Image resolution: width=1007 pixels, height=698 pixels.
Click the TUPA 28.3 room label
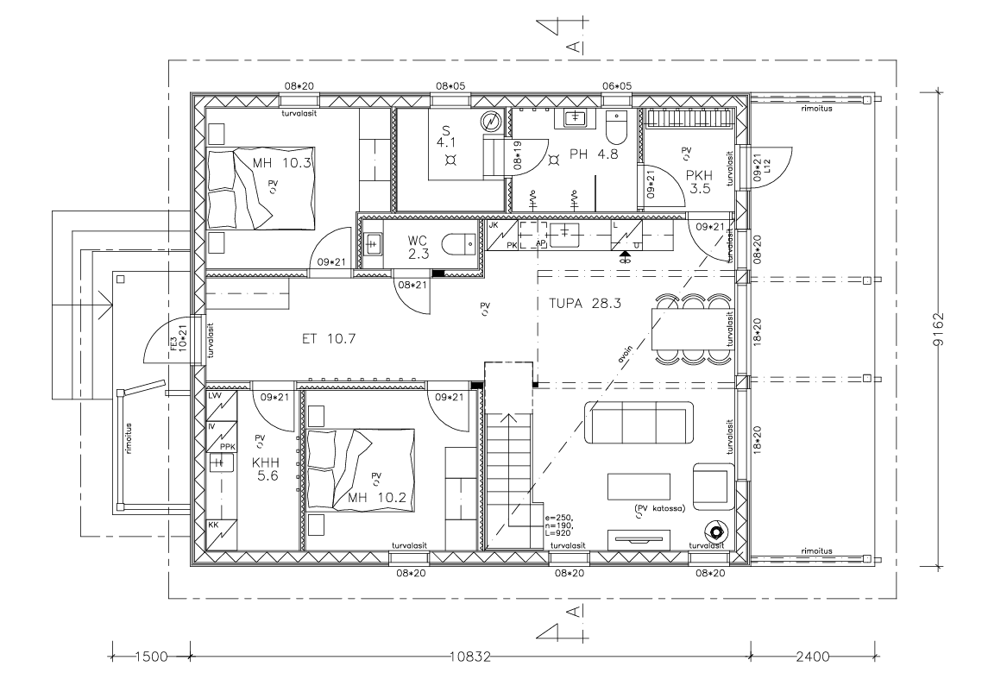[x=584, y=304]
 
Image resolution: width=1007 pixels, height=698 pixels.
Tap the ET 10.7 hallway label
[x=329, y=339]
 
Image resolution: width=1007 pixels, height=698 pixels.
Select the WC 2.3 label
[x=418, y=248]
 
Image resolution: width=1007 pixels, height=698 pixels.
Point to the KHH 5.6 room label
[x=265, y=468]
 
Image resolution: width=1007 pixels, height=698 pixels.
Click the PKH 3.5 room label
[x=699, y=182]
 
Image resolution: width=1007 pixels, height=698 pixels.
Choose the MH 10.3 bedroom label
[x=282, y=163]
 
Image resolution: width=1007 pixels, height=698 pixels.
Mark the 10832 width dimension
[x=470, y=657]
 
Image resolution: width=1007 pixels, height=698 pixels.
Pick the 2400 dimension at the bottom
[x=812, y=657]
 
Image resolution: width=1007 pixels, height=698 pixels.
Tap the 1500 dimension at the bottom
[x=151, y=657]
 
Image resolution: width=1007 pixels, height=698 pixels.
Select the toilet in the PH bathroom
[x=616, y=129]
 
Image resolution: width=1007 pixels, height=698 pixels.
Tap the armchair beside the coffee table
[x=713, y=486]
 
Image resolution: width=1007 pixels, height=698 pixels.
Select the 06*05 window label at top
[x=616, y=86]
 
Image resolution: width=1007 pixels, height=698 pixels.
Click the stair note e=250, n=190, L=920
[x=559, y=525]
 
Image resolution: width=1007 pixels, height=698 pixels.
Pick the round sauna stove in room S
[x=492, y=122]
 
